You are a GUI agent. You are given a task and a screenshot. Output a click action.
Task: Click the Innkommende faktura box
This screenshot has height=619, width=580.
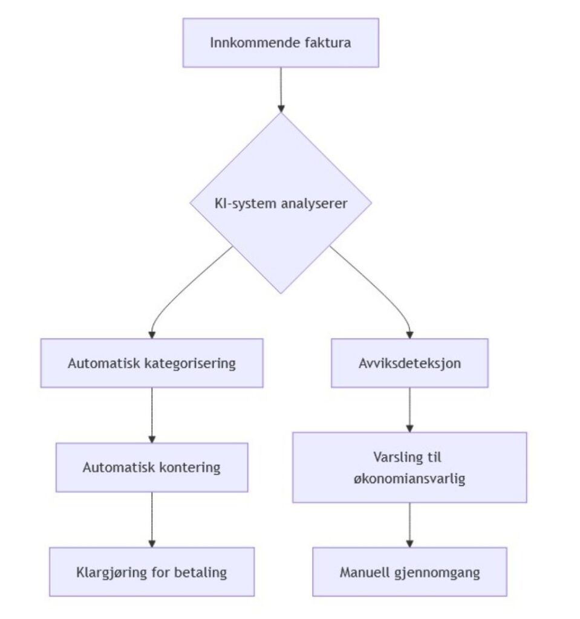(x=281, y=43)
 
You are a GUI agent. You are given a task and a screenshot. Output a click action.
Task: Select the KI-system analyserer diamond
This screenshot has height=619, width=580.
(x=281, y=204)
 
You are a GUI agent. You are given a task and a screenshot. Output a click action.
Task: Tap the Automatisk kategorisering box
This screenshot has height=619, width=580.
(x=152, y=363)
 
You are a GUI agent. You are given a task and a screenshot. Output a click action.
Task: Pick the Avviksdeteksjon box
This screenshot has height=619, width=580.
(x=409, y=363)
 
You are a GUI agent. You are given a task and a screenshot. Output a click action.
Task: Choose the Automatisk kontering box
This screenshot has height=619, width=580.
(x=152, y=467)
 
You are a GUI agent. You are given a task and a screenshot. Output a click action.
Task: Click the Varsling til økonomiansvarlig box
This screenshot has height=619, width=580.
(x=409, y=467)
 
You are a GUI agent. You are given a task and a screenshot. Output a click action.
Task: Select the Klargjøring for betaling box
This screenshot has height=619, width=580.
(x=152, y=572)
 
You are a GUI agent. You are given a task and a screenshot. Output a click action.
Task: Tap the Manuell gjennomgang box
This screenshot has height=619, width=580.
(x=409, y=572)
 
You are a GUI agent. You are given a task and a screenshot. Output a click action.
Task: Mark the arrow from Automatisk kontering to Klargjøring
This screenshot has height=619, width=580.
(x=152, y=519)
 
